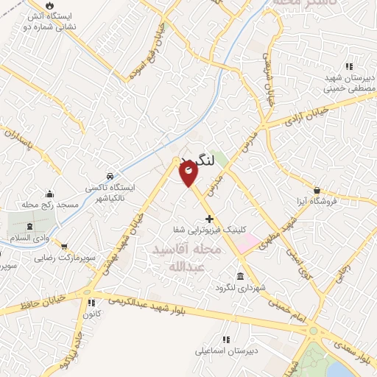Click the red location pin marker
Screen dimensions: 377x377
(x=188, y=174)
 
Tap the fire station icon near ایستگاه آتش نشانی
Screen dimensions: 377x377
(x=50, y=6)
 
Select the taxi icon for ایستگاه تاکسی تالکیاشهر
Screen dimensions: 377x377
(x=110, y=177)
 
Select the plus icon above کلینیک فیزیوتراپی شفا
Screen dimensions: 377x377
(x=210, y=218)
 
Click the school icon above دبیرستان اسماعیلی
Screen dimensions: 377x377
(x=225, y=339)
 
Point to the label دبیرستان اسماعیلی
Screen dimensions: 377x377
(x=225, y=351)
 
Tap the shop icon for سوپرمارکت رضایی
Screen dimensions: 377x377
(x=64, y=247)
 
